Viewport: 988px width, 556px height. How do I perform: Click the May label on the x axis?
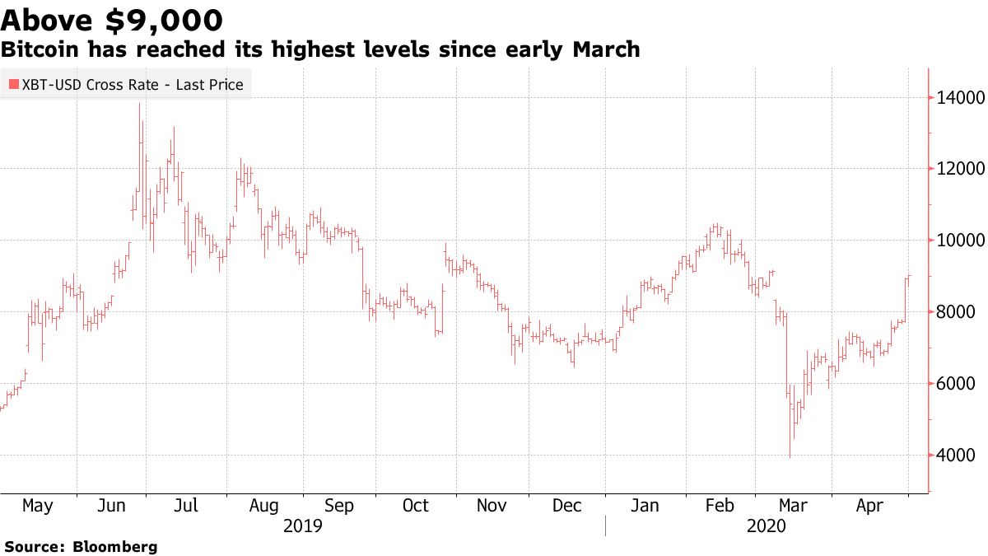point(37,505)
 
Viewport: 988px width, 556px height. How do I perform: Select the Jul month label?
point(187,505)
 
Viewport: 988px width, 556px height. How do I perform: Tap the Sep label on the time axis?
point(338,505)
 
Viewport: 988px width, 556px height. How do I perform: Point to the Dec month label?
point(567,505)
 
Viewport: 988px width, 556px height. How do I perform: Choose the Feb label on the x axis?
point(720,505)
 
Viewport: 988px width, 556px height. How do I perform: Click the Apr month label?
point(869,505)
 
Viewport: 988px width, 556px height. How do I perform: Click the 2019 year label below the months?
point(302,526)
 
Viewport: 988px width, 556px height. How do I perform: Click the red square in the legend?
point(14,84)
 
